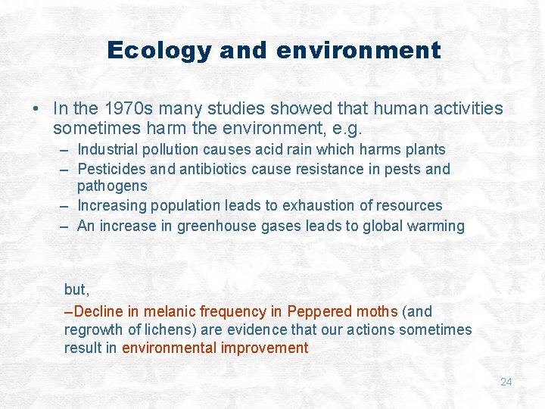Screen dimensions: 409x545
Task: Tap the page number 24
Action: (506, 382)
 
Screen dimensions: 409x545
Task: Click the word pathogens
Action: (112, 186)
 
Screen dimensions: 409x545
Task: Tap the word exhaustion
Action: (338, 205)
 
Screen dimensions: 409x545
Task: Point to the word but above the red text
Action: (76, 289)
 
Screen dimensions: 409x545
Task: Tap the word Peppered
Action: (320, 311)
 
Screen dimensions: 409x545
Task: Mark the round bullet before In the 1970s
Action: (37, 110)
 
